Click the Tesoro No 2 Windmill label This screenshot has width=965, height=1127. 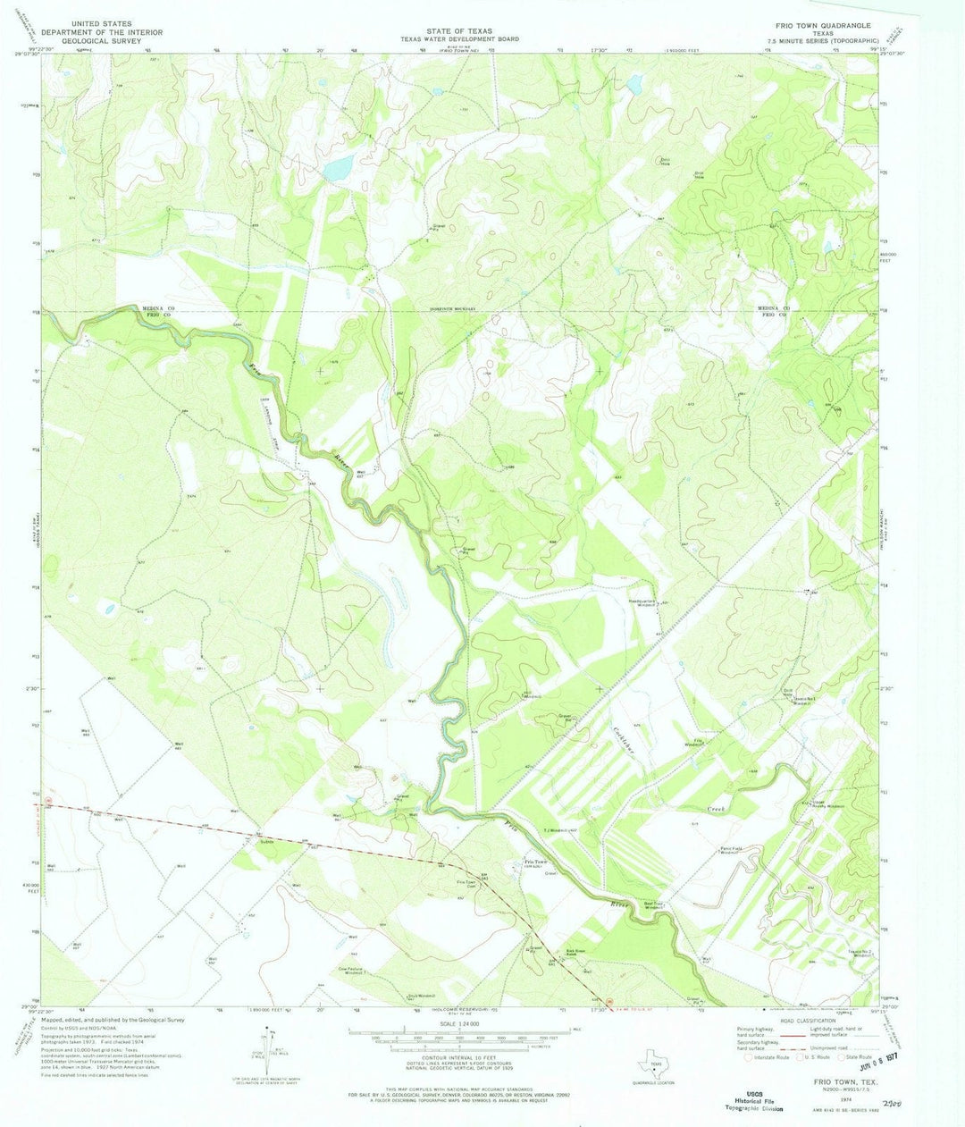(x=860, y=955)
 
